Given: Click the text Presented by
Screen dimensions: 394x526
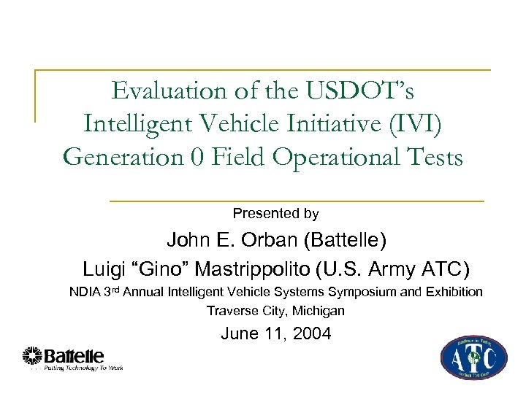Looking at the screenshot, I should click(275, 214).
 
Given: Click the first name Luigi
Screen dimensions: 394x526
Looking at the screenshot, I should click(107, 269).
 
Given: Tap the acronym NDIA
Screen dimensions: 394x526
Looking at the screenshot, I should click(86, 293).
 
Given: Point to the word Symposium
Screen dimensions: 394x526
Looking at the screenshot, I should click(356, 293).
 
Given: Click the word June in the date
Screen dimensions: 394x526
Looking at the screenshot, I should click(239, 335).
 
